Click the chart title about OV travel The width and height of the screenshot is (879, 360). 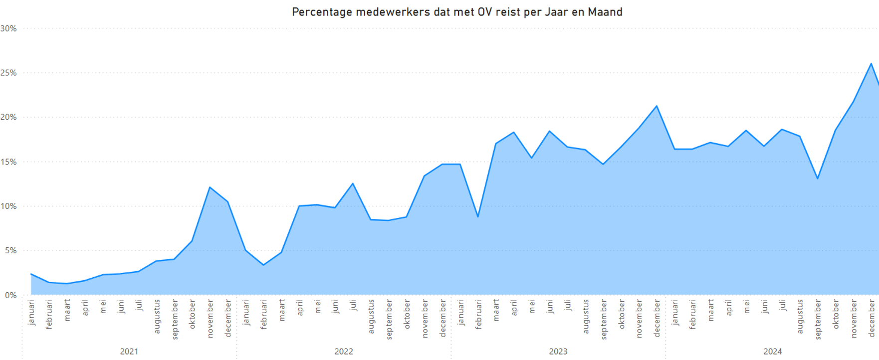pos(457,12)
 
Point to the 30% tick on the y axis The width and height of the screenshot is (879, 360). pos(8,28)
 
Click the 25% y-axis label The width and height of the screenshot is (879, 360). pos(8,73)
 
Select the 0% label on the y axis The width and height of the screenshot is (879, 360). pos(10,295)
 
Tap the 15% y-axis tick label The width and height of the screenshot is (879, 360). pos(8,162)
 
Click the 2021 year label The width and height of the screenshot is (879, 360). pos(129,352)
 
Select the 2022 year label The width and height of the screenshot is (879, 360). pos(344,352)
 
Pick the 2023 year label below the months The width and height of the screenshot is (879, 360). pos(558,352)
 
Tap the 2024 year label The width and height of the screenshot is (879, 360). pos(773,352)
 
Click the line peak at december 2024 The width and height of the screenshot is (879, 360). pos(871,64)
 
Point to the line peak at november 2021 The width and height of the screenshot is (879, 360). pos(210,187)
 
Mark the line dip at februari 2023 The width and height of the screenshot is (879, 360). pos(478,217)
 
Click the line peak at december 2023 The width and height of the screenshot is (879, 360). pos(657,106)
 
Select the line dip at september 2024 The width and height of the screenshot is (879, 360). pos(818,179)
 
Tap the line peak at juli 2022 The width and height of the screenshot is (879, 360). pos(353,183)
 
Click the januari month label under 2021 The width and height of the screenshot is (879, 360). pos(31,312)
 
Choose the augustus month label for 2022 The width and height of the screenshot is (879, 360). pos(371,316)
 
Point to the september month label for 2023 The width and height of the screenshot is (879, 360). pos(604,319)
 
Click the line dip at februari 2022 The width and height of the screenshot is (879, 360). pos(263,265)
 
